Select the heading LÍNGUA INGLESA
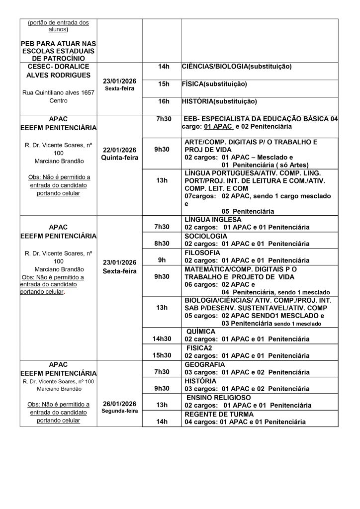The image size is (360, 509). pyautogui.click(x=213, y=219)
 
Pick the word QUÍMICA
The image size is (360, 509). pyautogui.click(x=201, y=331)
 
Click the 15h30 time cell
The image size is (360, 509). pyautogui.click(x=162, y=355)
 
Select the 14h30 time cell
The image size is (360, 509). pyautogui.click(x=162, y=339)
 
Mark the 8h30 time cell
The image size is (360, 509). pyautogui.click(x=162, y=244)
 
